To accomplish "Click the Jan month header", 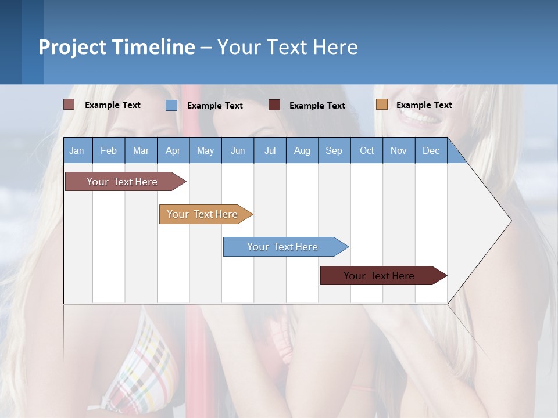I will click(77, 150).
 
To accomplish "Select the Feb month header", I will click(109, 150).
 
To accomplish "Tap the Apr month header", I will click(173, 150).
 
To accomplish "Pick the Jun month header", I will click(238, 150).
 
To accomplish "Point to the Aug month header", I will click(302, 150).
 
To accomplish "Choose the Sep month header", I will click(334, 150).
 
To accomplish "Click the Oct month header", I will click(367, 150).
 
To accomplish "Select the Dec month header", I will click(431, 150).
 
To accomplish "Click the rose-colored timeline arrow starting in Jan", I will click(122, 182).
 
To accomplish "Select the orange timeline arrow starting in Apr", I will click(202, 214).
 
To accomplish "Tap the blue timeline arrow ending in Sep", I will click(282, 247).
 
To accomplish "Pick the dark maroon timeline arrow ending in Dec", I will click(379, 276).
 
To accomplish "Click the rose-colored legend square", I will click(69, 105).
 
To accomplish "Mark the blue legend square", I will click(171, 105).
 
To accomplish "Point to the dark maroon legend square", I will click(274, 105).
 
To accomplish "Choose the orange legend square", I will click(381, 105).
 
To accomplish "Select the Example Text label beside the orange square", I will click(424, 105).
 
